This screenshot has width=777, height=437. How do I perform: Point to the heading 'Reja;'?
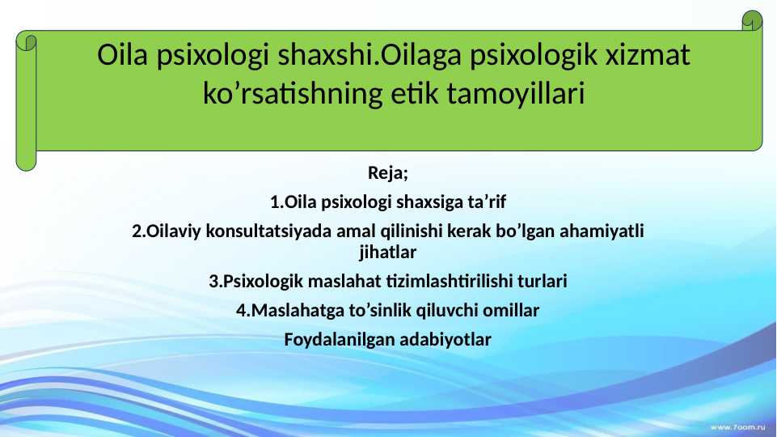(388, 172)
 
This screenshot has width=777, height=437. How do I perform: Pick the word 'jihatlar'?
(388, 252)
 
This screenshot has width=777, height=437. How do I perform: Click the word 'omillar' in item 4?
(513, 310)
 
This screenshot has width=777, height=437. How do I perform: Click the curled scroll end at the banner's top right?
(753, 22)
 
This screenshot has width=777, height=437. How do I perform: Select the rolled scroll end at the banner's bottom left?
(27, 159)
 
